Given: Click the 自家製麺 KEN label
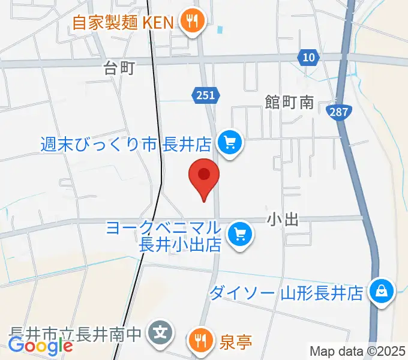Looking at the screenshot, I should [122, 23].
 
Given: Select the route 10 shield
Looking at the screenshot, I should [308, 58].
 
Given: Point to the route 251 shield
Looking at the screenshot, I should [207, 94].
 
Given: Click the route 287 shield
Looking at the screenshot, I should [340, 111].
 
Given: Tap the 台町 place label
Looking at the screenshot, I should [118, 68].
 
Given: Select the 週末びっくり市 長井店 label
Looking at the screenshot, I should [126, 144].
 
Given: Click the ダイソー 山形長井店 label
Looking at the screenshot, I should [286, 293].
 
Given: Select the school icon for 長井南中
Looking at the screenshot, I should [161, 331].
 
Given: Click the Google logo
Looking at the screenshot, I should [40, 346].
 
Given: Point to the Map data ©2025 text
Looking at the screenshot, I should [358, 351].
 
